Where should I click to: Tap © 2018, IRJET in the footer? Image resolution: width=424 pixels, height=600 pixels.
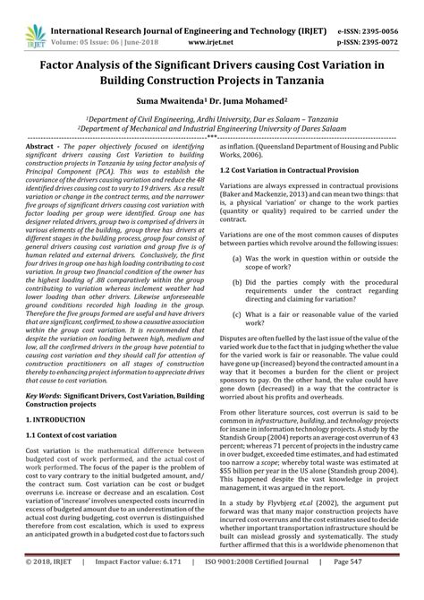tap(55, 588)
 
